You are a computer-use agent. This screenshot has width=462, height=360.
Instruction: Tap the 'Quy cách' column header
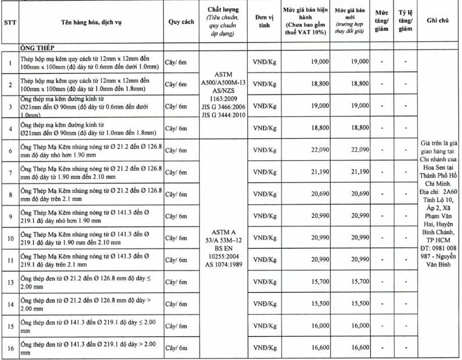click(180, 23)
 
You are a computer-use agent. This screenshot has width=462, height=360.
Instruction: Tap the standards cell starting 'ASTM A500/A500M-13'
click(223, 95)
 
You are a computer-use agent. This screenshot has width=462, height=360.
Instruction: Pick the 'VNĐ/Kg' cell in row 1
click(265, 61)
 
